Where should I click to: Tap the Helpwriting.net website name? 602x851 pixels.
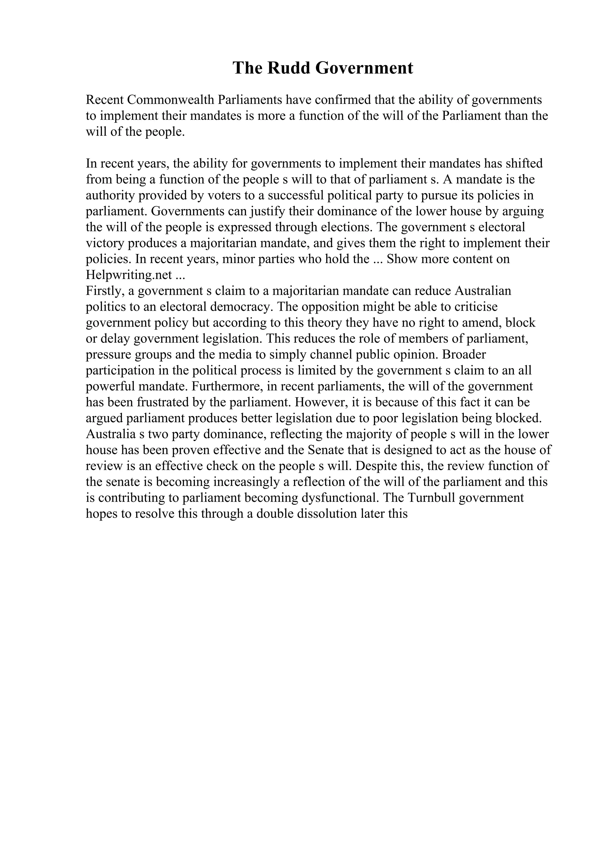(129, 275)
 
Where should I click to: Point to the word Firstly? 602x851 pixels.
(103, 291)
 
